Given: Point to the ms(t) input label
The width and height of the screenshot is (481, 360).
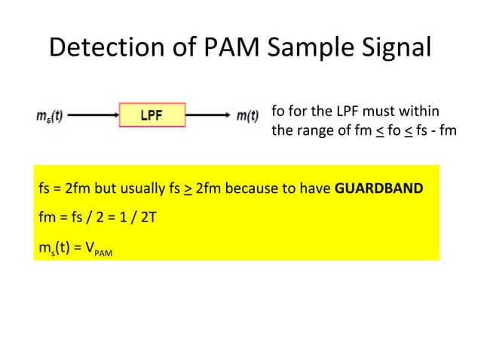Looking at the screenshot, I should tap(50, 117).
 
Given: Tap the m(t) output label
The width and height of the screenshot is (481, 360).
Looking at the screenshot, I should tap(247, 117).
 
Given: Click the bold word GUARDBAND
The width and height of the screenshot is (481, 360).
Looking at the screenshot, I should tap(378, 188).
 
